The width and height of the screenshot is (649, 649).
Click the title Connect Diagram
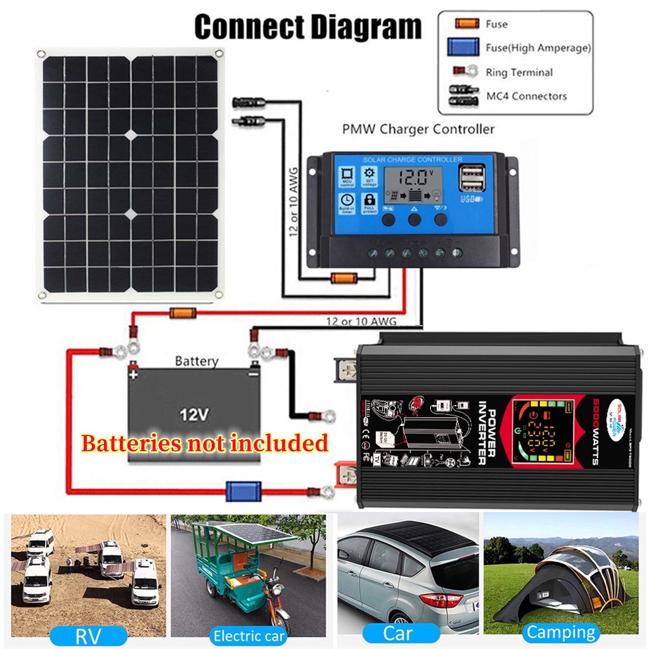307,28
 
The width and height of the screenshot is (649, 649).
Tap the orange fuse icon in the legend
466,24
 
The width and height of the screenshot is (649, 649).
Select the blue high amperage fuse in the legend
465,48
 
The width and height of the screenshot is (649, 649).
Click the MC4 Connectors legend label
526,96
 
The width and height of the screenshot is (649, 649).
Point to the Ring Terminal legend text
519,72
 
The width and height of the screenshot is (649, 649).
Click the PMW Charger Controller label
418,129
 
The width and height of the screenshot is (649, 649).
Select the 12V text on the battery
193,415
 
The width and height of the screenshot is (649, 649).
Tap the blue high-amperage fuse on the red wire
243,490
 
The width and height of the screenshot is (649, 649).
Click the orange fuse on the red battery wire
183,312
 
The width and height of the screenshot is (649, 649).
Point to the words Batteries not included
204,443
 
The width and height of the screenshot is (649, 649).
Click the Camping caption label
561,632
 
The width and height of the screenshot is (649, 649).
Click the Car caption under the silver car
398,633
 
